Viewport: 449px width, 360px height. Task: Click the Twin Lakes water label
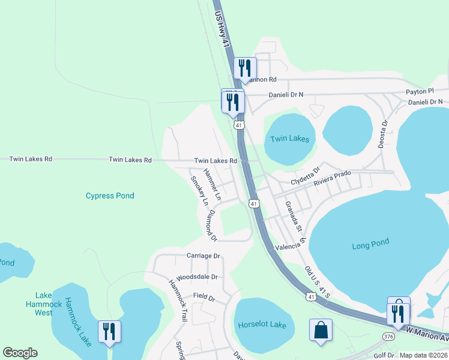click(289, 139)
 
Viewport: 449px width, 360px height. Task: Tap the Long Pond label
click(370, 244)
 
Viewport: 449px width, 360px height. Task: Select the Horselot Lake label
click(262, 325)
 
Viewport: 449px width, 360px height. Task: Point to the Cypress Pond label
click(110, 196)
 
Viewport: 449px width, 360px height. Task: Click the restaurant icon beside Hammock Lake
click(109, 332)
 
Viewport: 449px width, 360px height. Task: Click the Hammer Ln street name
click(212, 184)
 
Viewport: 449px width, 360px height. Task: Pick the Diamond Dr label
click(211, 226)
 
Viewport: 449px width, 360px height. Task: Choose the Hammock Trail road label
click(178, 301)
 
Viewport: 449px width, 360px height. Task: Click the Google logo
click(20, 353)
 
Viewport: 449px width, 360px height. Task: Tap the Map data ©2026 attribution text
click(423, 355)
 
